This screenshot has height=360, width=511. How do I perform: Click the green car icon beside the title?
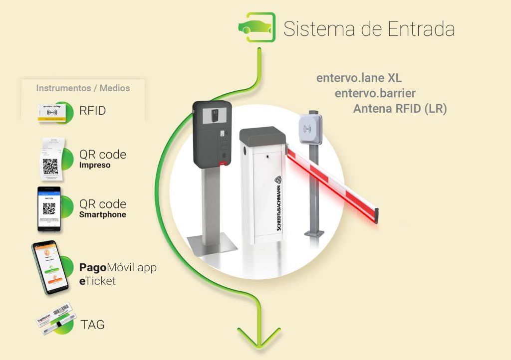click(257, 27)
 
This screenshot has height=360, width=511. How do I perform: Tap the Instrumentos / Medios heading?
click(83, 88)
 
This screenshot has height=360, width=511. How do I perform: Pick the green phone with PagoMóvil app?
click(50, 268)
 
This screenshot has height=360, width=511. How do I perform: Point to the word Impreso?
click(95, 165)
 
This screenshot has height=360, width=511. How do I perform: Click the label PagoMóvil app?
click(118, 268)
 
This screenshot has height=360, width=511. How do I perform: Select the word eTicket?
click(97, 281)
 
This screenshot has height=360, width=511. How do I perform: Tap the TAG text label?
click(92, 325)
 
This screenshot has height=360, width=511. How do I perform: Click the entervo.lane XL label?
click(359, 78)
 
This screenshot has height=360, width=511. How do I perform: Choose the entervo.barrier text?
click(375, 93)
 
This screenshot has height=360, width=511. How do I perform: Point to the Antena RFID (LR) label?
click(400, 109)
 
